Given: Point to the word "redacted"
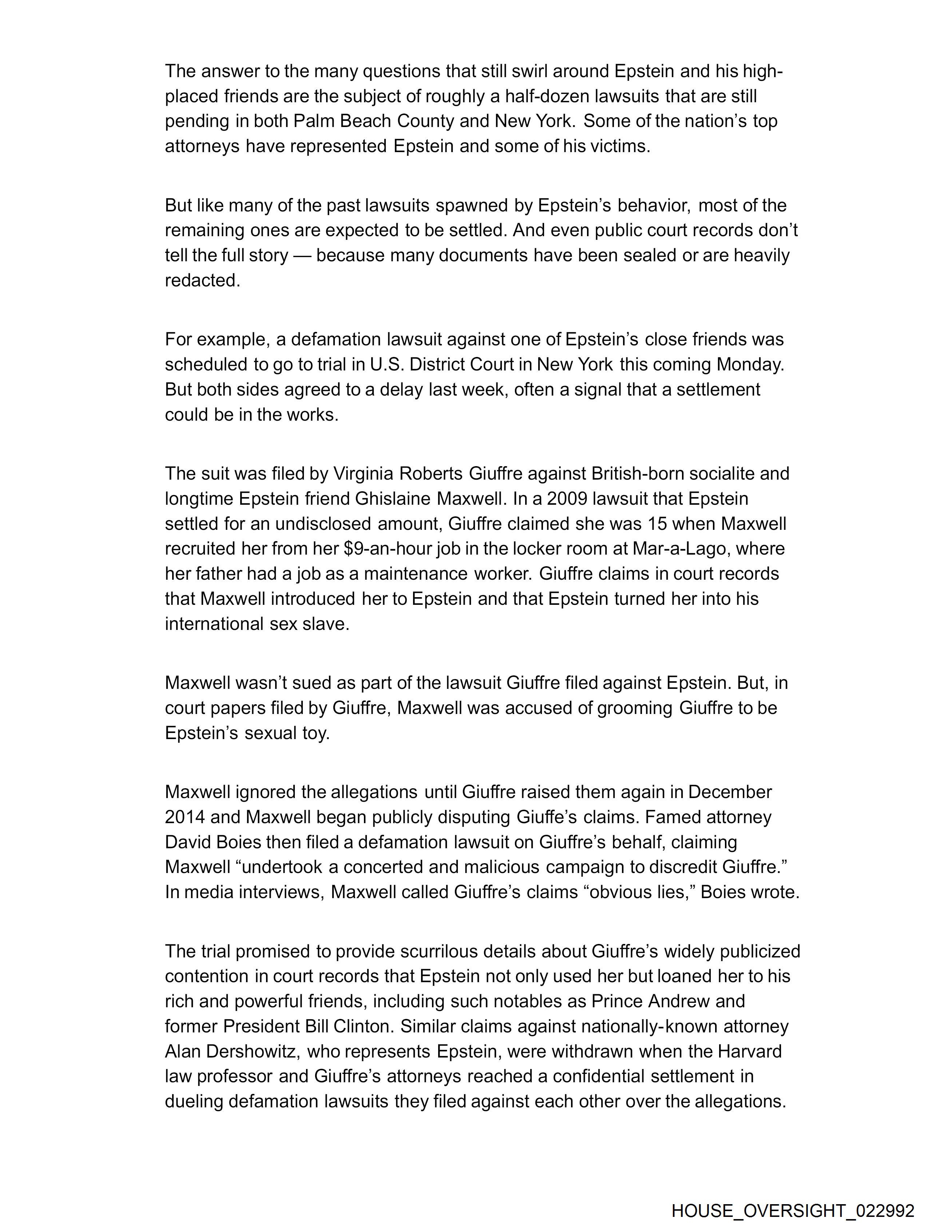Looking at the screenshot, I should pos(202,281).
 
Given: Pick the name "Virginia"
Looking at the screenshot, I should pos(362,474).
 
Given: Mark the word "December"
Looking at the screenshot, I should pos(730,792).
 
